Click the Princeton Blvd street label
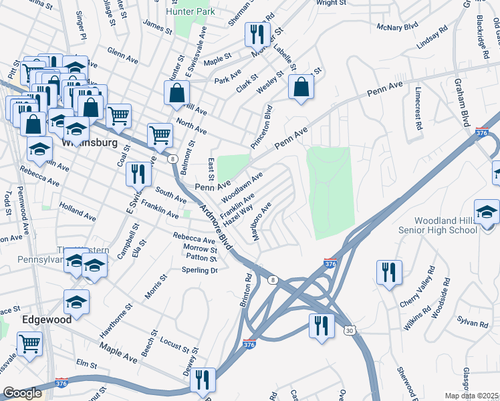263,126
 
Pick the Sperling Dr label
200,270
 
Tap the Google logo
22,393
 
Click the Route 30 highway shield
351,330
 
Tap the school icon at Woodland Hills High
487,211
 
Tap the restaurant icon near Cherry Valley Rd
389,273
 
